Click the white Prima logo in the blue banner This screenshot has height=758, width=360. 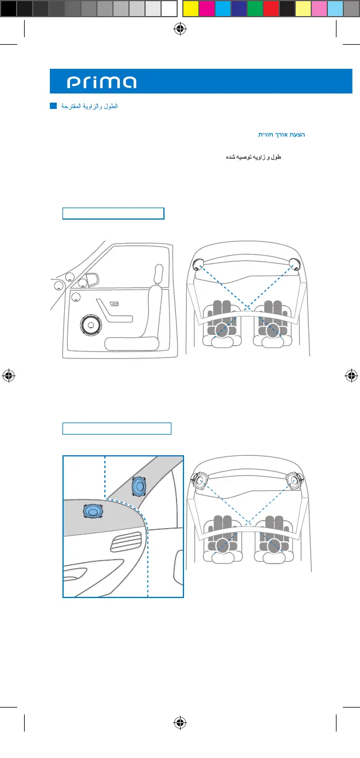[101, 83]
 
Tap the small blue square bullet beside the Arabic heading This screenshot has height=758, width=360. [53, 106]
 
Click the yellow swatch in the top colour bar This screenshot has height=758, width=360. [190, 8]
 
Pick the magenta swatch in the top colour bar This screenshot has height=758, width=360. [206, 8]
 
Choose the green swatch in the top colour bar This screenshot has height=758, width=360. [255, 8]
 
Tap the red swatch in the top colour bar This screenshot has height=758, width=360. [271, 8]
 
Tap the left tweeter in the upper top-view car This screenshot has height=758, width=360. [199, 264]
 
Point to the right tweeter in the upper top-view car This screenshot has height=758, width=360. [296, 264]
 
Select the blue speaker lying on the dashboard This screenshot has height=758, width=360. [92, 511]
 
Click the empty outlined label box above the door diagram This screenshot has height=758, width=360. [114, 214]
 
